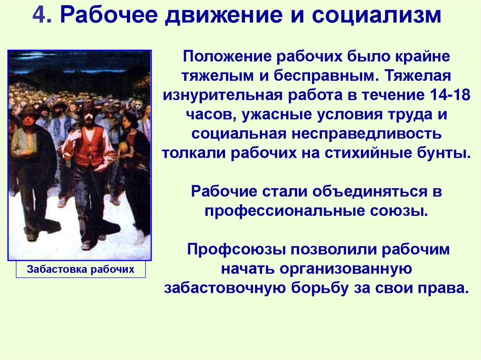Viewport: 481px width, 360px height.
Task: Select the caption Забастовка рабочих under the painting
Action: [81, 269]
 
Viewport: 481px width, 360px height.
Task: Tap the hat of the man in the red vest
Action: [87, 107]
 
